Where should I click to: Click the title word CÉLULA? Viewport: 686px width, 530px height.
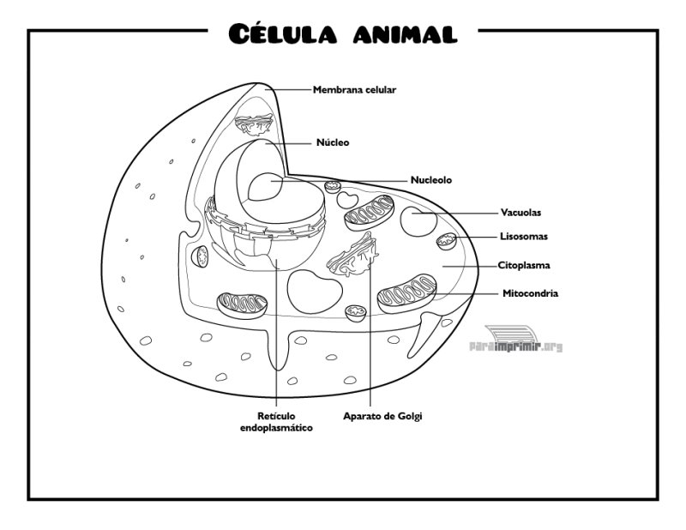pyautogui.click(x=283, y=33)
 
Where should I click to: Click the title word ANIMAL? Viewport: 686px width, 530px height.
pyautogui.click(x=405, y=33)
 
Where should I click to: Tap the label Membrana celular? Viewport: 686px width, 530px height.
pyautogui.click(x=354, y=90)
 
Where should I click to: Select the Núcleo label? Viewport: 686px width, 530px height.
pyautogui.click(x=333, y=142)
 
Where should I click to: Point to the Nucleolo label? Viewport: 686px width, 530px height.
pyautogui.click(x=431, y=180)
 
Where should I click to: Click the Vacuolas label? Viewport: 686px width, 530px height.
pyautogui.click(x=521, y=213)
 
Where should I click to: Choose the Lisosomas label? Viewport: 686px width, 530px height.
pyautogui.click(x=524, y=237)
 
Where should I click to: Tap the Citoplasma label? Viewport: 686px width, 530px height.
pyautogui.click(x=524, y=265)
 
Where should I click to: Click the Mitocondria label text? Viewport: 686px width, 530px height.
pyautogui.click(x=530, y=293)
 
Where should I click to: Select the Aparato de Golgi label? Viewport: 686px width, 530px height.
pyautogui.click(x=382, y=416)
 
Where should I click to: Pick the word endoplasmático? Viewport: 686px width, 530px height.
pyautogui.click(x=276, y=428)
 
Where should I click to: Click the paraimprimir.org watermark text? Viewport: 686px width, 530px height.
pyautogui.click(x=516, y=347)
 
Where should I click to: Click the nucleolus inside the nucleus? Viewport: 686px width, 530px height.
pyautogui.click(x=266, y=186)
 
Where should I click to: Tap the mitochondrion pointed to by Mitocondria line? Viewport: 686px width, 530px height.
pyautogui.click(x=406, y=293)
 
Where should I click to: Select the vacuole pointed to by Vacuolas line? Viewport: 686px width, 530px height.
pyautogui.click(x=418, y=221)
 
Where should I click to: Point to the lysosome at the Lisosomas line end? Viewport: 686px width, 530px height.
pyautogui.click(x=447, y=242)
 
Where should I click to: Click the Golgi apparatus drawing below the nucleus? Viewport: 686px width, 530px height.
pyautogui.click(x=353, y=256)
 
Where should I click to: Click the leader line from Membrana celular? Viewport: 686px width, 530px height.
pyautogui.click(x=288, y=89)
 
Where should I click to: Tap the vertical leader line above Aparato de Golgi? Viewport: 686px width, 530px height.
pyautogui.click(x=370, y=331)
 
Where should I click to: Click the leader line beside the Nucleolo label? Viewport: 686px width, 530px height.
pyautogui.click(x=340, y=180)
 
